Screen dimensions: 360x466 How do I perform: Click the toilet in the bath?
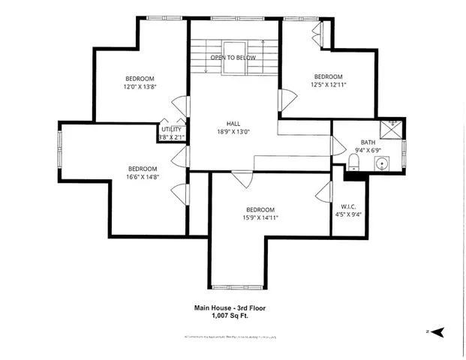[x=355, y=163]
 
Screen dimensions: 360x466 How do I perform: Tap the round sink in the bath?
[x=382, y=163]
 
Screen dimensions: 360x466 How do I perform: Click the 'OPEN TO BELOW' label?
[x=233, y=58]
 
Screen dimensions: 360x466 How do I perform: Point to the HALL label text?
[x=233, y=124]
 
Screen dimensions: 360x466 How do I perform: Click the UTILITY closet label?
[x=171, y=129]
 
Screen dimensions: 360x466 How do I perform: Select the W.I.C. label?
[x=348, y=206]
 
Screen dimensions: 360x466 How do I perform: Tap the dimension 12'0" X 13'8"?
[x=140, y=87]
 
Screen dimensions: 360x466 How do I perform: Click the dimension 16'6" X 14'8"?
[x=142, y=177]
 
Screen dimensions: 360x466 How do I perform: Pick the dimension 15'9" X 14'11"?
[x=260, y=218]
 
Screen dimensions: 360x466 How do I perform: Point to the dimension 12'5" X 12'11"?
[x=328, y=85]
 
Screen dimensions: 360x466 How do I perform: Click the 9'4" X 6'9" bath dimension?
[x=368, y=150]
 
